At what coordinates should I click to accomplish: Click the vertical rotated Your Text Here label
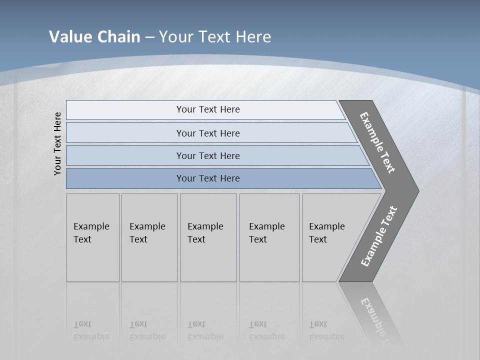tap(57, 143)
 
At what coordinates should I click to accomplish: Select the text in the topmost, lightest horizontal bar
tap(208, 109)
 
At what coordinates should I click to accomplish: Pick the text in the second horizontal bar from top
tap(208, 133)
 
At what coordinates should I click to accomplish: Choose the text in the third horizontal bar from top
tap(208, 155)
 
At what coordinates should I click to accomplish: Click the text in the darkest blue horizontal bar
tap(208, 178)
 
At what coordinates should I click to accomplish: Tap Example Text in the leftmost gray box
tap(91, 233)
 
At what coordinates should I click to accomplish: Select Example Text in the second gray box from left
tap(147, 233)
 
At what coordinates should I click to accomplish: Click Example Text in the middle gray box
tap(205, 233)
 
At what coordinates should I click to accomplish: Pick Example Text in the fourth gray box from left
tap(266, 233)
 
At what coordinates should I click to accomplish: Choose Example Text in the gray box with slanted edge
tap(326, 233)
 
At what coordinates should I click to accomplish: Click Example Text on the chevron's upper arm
tap(377, 142)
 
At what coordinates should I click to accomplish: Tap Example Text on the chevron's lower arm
tap(379, 236)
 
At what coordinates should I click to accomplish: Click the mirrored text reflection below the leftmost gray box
tap(91, 330)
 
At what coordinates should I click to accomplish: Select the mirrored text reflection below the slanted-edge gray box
tap(326, 330)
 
